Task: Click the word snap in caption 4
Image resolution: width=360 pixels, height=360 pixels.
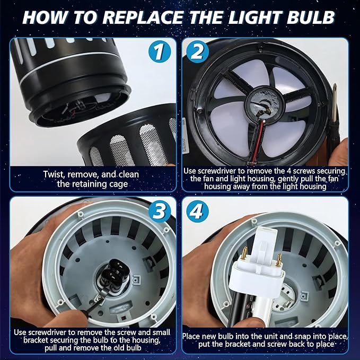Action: click(x=302, y=336)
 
